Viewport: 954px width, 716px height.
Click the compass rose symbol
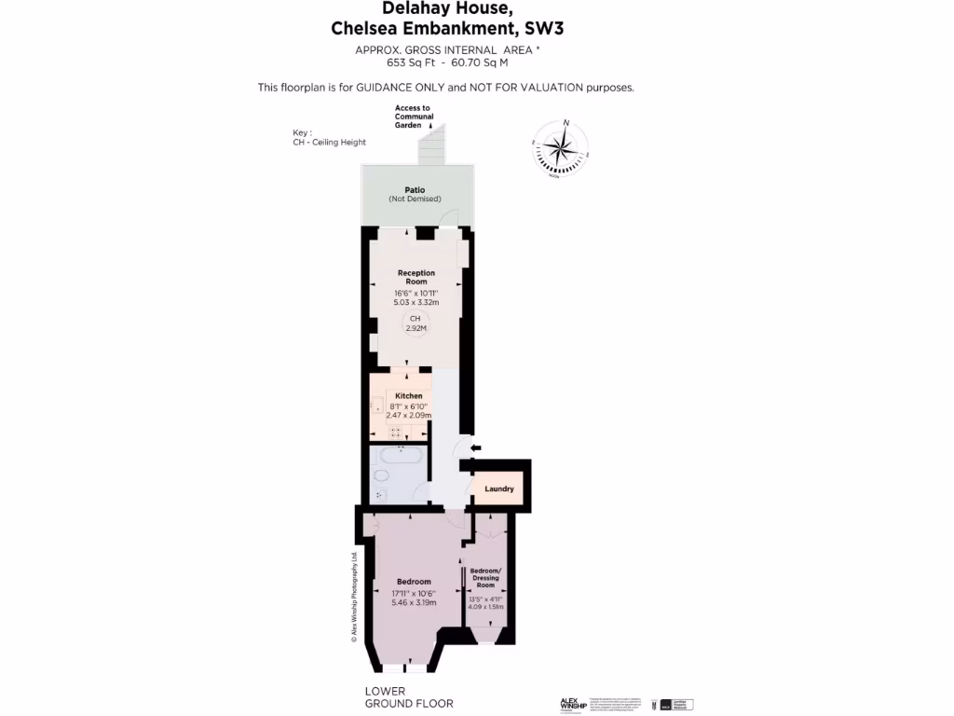[561, 147]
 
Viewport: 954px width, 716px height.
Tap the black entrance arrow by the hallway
[474, 449]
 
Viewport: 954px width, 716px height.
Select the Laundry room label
[499, 489]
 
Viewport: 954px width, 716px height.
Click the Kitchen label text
[408, 396]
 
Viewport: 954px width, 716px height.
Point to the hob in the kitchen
[395, 432]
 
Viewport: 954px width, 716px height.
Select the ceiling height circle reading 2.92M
[416, 324]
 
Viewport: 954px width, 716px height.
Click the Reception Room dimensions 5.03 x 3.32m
[416, 302]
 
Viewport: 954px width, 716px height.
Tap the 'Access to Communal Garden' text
[413, 117]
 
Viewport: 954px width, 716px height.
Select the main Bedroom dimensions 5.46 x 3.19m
[413, 602]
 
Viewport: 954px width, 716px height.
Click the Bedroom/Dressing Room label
[485, 578]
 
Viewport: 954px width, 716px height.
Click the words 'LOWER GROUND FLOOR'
[409, 697]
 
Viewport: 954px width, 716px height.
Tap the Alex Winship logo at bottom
[572, 704]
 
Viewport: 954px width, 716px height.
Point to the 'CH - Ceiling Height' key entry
[329, 143]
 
